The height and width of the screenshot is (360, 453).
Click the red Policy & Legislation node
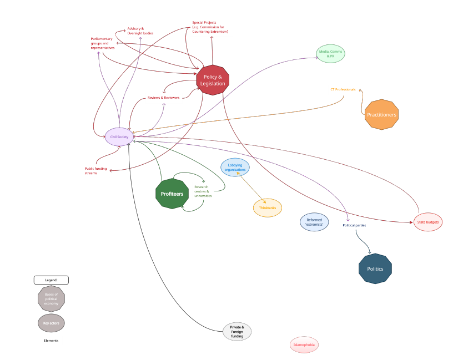[x=214, y=80]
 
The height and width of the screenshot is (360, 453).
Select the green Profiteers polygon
[x=172, y=194]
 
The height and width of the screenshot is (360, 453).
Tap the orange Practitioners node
[x=381, y=115]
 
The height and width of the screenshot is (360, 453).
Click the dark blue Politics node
[x=375, y=268]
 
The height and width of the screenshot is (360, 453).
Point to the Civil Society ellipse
[x=119, y=136]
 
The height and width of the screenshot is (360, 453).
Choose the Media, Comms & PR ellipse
[x=331, y=54]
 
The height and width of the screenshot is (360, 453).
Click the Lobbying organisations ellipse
[x=235, y=166]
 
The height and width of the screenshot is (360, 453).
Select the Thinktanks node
[x=267, y=207]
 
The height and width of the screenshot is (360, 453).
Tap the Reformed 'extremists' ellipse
[x=314, y=222]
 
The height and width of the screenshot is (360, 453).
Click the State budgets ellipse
[x=428, y=222]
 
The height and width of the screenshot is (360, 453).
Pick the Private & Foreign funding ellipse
[x=237, y=332]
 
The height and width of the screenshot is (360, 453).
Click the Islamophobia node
[x=304, y=345]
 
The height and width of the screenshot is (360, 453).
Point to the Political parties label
[x=354, y=225]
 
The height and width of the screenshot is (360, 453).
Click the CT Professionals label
[x=343, y=89]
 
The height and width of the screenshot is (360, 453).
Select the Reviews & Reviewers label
[x=163, y=98]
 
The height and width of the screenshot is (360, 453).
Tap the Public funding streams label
[x=94, y=171]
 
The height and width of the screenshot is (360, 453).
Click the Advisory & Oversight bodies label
[x=140, y=31]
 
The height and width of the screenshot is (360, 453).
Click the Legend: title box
[x=51, y=280]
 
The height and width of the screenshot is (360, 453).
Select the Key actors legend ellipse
[x=51, y=323]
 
